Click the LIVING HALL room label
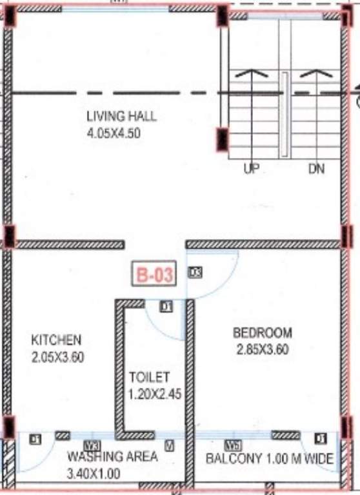(121, 117)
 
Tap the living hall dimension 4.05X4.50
(114, 134)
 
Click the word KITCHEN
(57, 340)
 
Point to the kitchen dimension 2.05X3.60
(58, 356)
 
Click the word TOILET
(149, 376)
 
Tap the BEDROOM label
(263, 333)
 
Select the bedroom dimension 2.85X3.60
(263, 350)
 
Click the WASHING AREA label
(112, 457)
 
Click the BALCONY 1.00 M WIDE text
(269, 459)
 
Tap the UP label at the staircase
(251, 170)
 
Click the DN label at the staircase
(316, 170)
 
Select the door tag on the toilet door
(166, 307)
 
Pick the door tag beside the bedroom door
(195, 273)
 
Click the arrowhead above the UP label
(252, 73)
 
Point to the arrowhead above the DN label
(316, 73)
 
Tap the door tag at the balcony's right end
(320, 439)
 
